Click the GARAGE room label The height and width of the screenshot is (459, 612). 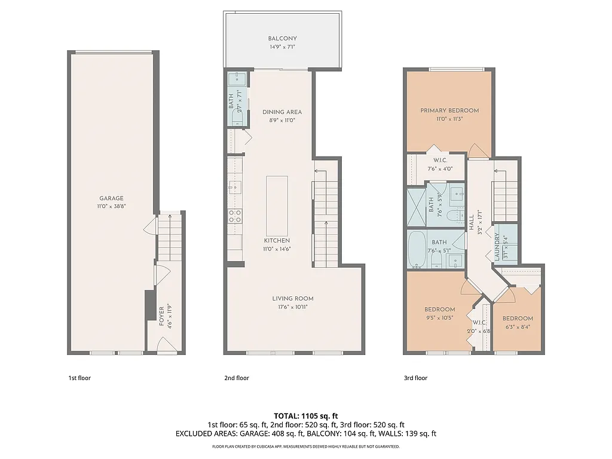(x=111, y=198)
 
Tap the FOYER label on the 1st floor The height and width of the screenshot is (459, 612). (x=161, y=316)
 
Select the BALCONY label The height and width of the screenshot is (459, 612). (x=282, y=39)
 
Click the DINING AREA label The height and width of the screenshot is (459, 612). (x=282, y=112)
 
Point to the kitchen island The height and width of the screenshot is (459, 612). (x=276, y=206)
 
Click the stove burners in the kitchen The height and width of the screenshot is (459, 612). (x=235, y=216)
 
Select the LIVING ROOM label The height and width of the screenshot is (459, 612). (x=293, y=299)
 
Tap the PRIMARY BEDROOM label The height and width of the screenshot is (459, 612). (x=449, y=111)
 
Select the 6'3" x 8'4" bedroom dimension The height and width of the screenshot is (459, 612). (x=518, y=327)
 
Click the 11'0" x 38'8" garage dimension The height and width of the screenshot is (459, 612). (x=111, y=206)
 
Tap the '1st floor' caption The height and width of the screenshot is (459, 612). (x=79, y=378)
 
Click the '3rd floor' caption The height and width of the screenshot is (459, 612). (x=416, y=378)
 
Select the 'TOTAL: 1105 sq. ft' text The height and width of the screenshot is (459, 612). (x=306, y=415)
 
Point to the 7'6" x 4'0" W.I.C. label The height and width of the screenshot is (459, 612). (x=440, y=169)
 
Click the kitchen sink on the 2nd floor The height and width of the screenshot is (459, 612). (x=235, y=186)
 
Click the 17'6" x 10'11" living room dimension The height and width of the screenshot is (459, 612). (x=293, y=307)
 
